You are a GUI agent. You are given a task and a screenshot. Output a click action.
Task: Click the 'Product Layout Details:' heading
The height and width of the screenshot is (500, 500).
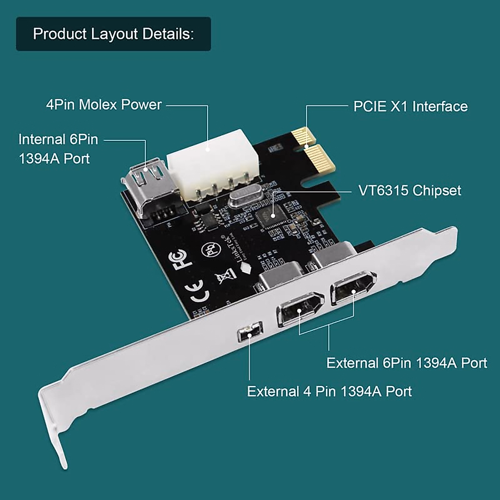[x=113, y=34]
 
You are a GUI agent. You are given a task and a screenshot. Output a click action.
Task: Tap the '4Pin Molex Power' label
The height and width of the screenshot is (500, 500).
[x=104, y=105]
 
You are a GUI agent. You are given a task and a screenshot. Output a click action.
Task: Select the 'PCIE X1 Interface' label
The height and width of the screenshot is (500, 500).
[x=410, y=107]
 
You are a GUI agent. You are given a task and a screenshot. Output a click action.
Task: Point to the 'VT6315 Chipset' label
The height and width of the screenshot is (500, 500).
[x=410, y=191]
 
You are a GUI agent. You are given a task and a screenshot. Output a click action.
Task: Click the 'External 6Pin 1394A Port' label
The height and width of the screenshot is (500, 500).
[x=406, y=363]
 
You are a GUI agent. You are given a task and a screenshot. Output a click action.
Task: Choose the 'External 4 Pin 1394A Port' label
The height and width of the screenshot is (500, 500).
[x=329, y=392]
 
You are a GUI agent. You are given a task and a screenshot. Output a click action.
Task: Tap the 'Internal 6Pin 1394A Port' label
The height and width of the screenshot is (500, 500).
[x=58, y=149]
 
